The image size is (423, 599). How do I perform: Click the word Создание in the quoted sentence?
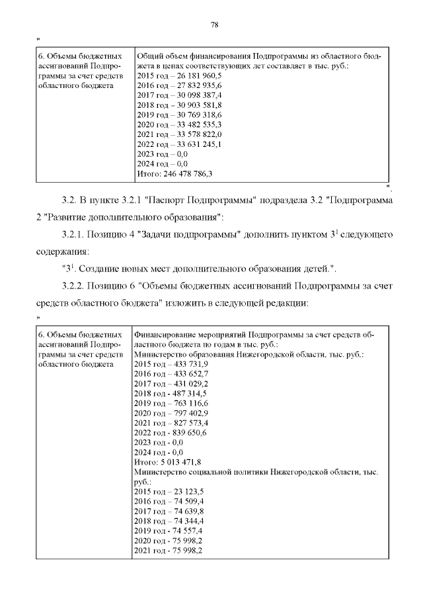click(99, 269)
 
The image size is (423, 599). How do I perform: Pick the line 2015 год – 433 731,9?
click(171, 364)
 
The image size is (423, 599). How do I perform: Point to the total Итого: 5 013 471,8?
click(167, 462)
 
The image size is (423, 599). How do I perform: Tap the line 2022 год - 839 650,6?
click(171, 433)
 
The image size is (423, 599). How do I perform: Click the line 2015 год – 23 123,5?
click(169, 492)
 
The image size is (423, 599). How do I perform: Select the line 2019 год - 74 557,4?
click(169, 531)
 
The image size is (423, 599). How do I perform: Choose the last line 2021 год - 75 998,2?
click(169, 551)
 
